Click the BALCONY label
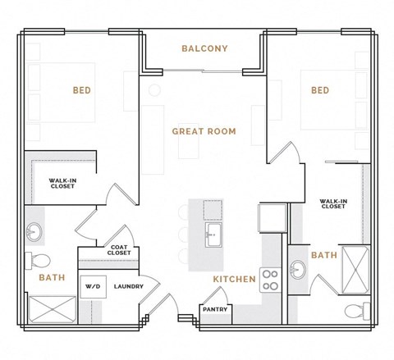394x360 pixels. click(204, 48)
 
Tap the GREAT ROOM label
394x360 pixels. click(204, 131)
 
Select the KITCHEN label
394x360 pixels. click(234, 280)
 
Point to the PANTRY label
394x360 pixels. click(215, 309)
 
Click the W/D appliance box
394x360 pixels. click(89, 287)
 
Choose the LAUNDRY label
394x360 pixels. click(129, 287)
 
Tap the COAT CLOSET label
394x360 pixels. click(119, 250)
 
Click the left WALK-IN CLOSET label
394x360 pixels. click(62, 184)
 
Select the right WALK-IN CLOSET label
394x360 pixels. click(332, 203)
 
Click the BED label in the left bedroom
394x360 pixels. click(81, 91)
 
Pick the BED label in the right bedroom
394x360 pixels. click(320, 90)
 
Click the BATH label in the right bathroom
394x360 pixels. click(323, 255)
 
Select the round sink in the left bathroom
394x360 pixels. click(34, 232)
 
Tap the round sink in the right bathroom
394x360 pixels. click(297, 268)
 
